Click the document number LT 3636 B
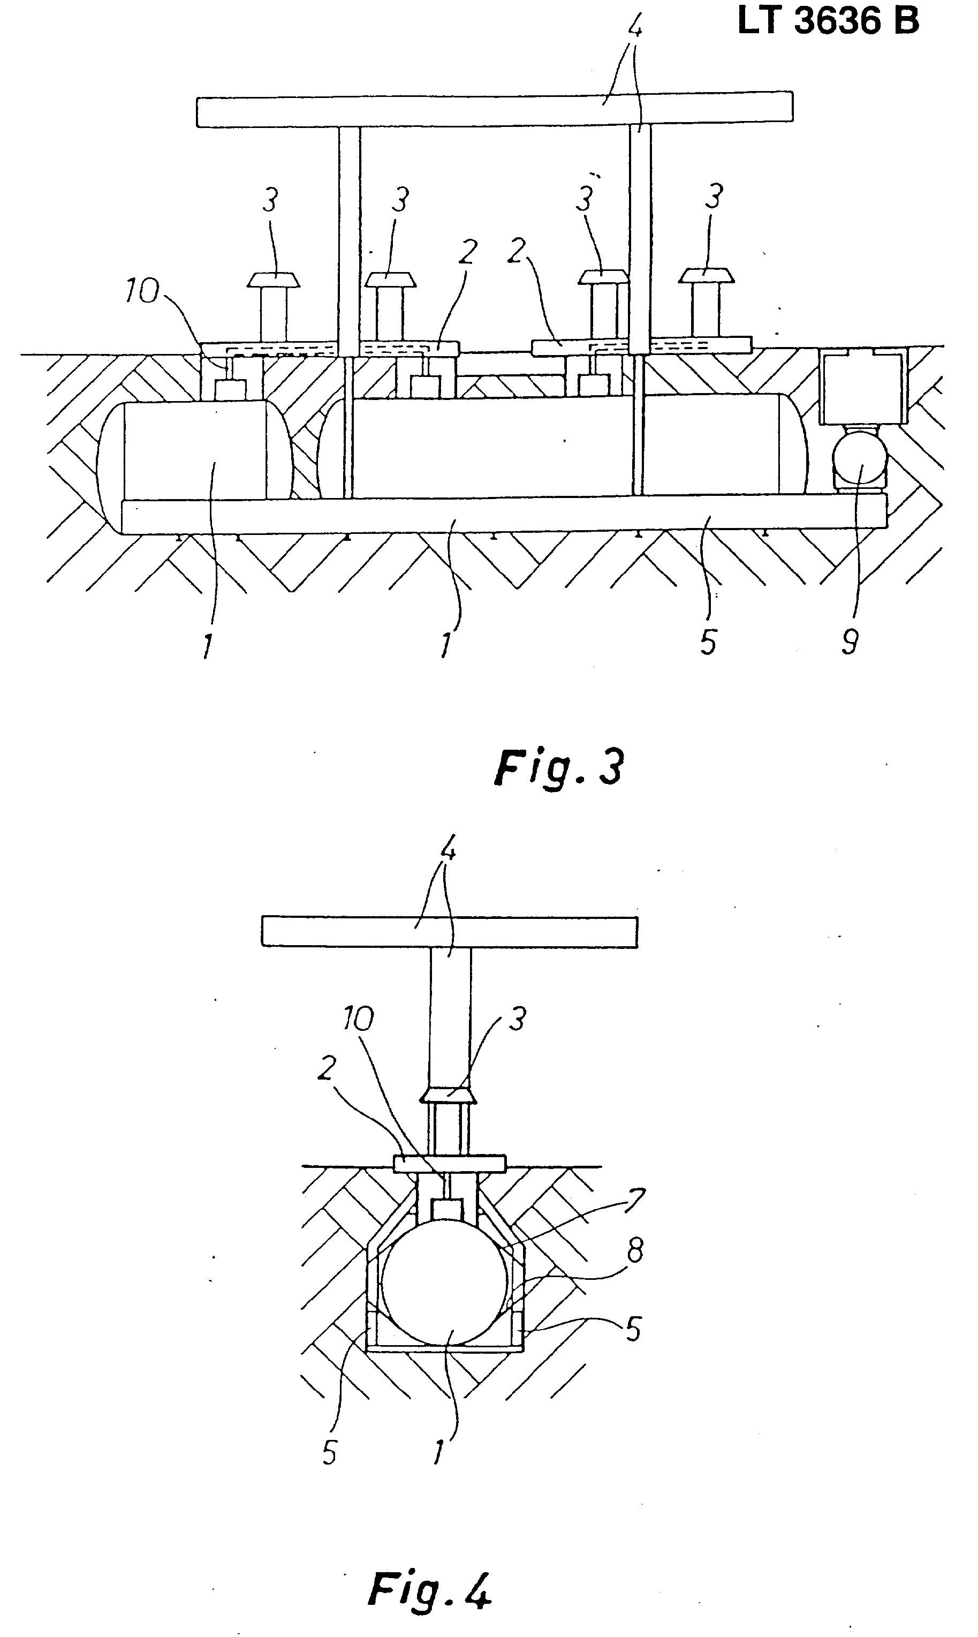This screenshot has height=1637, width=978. (x=828, y=22)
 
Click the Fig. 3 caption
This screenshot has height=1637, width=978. (x=558, y=767)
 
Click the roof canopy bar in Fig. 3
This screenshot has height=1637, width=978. (x=494, y=108)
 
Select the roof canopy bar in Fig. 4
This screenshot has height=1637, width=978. (x=450, y=932)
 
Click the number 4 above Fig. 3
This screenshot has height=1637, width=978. (x=636, y=29)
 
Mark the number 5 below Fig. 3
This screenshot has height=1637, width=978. (x=708, y=641)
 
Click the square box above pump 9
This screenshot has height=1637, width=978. (x=863, y=386)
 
